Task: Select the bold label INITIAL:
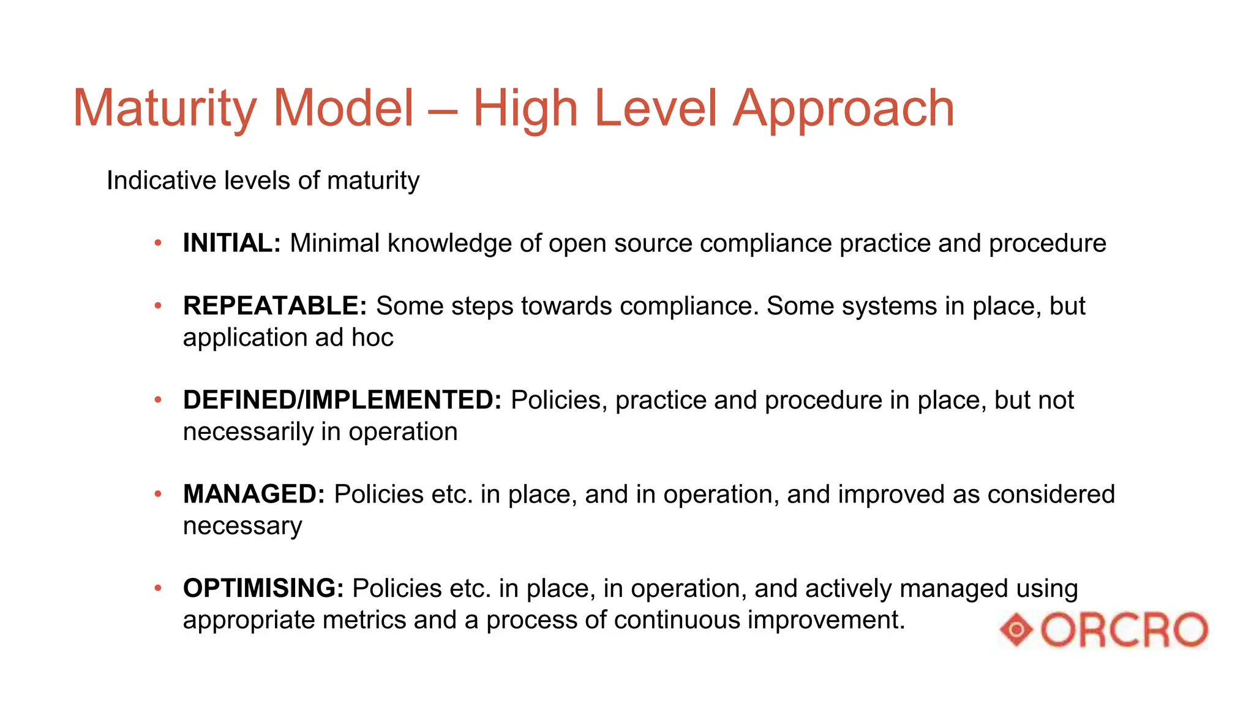pyautogui.click(x=231, y=243)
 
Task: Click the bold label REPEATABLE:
pyautogui.click(x=275, y=306)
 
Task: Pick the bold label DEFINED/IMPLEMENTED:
pyautogui.click(x=342, y=400)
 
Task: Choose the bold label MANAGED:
pyautogui.click(x=254, y=494)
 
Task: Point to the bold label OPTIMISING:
pyautogui.click(x=263, y=588)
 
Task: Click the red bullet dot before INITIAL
pyautogui.click(x=158, y=243)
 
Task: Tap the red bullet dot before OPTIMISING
pyautogui.click(x=158, y=588)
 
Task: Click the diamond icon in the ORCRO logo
pyautogui.click(x=1017, y=629)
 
